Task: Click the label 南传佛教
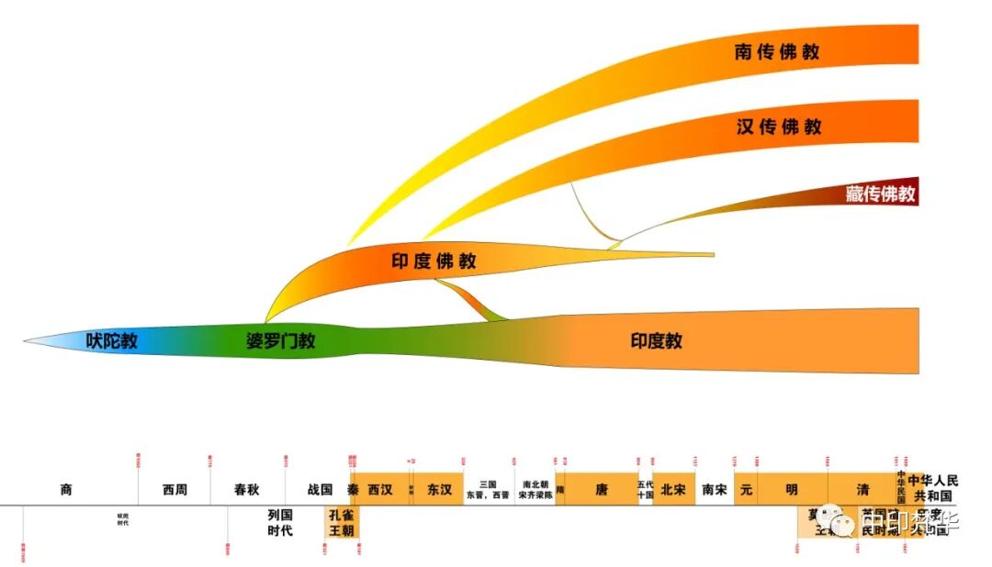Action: click(777, 51)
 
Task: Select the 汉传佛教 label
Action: click(779, 127)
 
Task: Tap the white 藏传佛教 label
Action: click(881, 194)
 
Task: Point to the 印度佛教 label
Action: click(434, 261)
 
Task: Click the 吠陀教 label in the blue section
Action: click(112, 341)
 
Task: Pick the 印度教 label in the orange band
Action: click(657, 341)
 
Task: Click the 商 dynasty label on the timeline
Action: click(66, 490)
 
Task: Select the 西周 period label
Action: click(175, 490)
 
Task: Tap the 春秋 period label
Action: click(247, 490)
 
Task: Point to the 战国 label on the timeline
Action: click(320, 490)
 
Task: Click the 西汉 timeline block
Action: click(380, 490)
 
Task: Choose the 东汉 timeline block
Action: click(439, 490)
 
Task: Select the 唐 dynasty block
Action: click(602, 490)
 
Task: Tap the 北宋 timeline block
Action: click(673, 490)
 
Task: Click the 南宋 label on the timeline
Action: click(714, 490)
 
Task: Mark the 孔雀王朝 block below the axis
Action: click(341, 523)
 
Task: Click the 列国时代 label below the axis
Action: click(280, 523)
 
